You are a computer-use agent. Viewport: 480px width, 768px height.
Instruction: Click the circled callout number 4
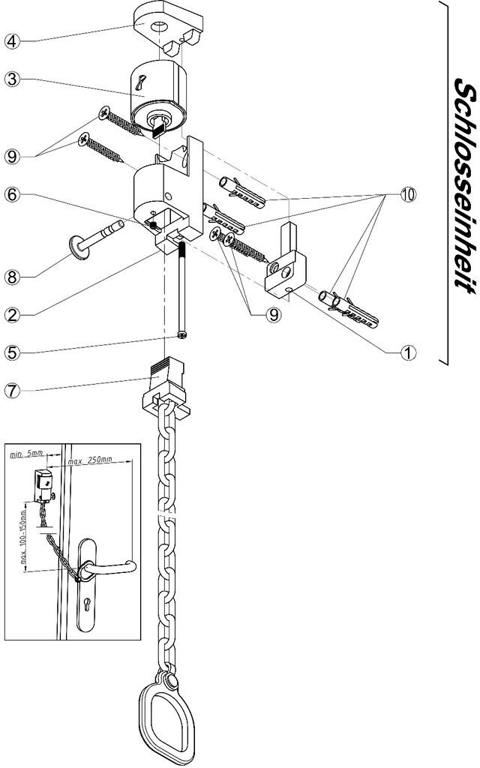(10, 40)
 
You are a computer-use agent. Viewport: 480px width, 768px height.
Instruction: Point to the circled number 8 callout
(10, 277)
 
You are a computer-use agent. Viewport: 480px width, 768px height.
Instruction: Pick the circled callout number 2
(10, 314)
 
